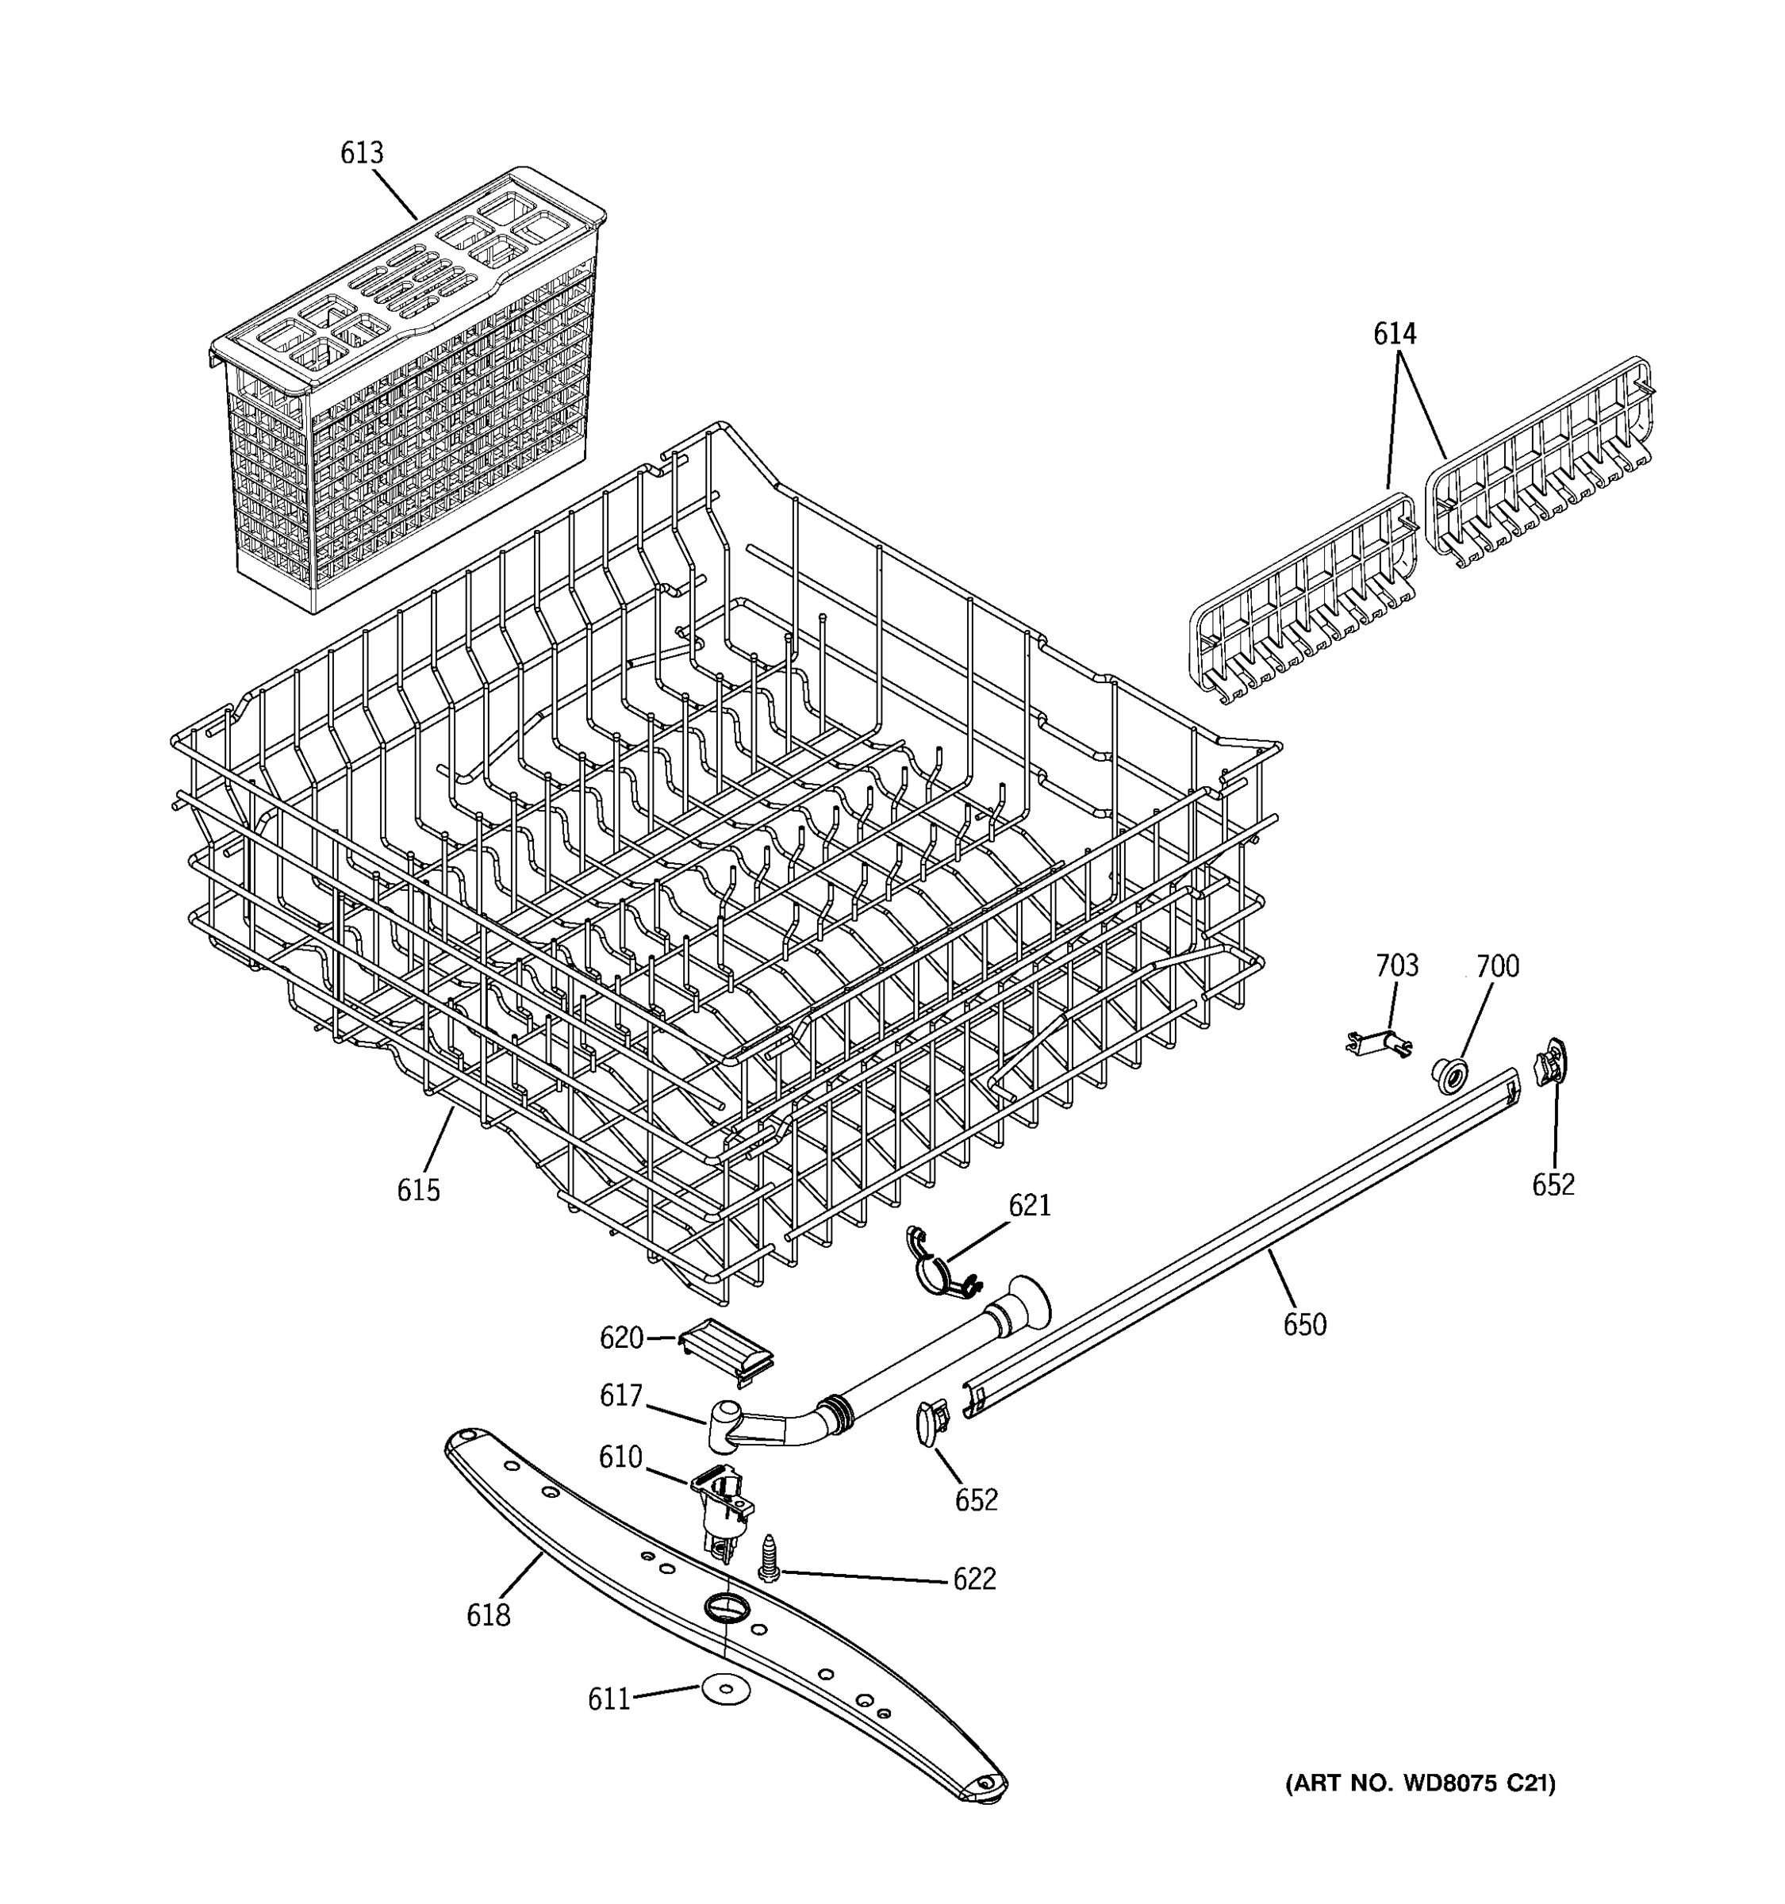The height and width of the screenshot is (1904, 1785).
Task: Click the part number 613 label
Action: tap(361, 153)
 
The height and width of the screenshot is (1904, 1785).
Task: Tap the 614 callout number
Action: tap(1395, 334)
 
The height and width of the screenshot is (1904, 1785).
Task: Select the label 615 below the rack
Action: tap(418, 1191)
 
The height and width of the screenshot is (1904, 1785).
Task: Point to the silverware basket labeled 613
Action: tap(402, 402)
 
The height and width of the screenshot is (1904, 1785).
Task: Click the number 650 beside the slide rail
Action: tap(1304, 1326)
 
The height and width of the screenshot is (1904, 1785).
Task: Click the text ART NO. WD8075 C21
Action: tap(1419, 1783)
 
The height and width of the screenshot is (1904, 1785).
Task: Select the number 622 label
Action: tap(974, 1579)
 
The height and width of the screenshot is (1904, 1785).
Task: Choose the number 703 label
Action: tap(1396, 965)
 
